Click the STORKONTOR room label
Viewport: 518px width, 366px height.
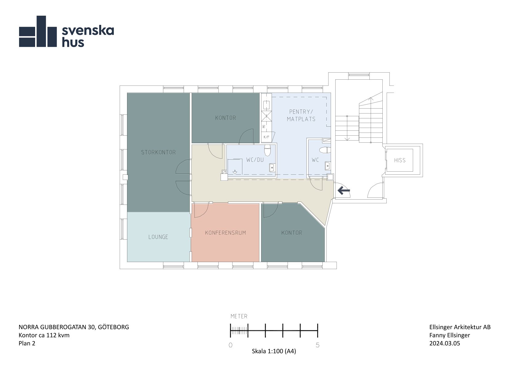pos(158,152)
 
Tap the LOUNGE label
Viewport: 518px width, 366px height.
pos(158,237)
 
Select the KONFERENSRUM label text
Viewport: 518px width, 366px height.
pos(225,233)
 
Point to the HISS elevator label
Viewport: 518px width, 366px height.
pos(400,160)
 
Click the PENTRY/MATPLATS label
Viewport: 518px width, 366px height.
pos(301,115)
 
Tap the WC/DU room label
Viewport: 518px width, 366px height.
pos(255,160)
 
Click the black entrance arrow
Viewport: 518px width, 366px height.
pos(344,191)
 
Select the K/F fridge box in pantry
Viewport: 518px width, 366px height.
pos(266,137)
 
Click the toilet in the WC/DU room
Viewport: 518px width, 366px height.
pos(267,150)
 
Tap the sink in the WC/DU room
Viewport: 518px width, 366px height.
pos(272,167)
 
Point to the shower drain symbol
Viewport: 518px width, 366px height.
pos(235,172)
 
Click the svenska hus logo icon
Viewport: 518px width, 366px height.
pos(38,31)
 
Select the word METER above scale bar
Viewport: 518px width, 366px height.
pos(239,316)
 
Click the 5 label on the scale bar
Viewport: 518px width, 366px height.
pos(317,345)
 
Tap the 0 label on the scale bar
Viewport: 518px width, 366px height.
pos(231,345)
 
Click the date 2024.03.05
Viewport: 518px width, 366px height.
pos(445,343)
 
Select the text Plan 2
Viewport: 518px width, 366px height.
pos(27,343)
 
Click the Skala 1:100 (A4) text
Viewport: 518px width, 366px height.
pos(274,351)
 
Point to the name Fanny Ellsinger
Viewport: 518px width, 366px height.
pos(450,335)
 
